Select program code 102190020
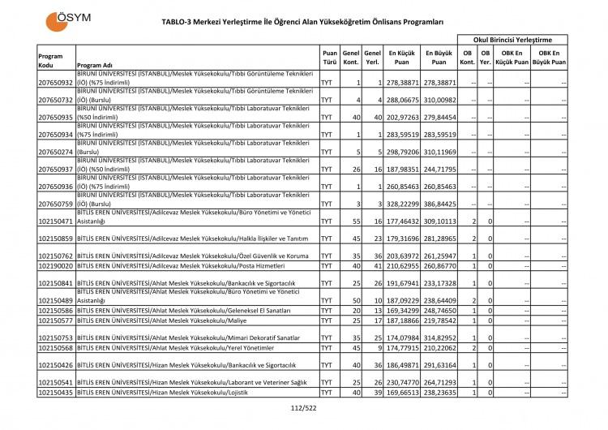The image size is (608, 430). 56,265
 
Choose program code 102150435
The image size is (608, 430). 56,392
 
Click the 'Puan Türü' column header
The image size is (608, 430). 330,60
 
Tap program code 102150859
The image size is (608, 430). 56,239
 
